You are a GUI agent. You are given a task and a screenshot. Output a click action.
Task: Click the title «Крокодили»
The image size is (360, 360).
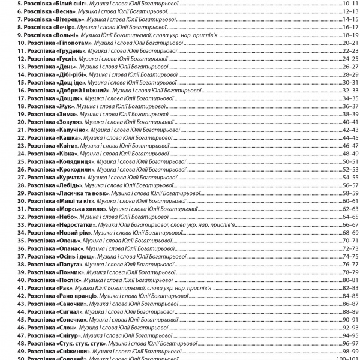click(x=76, y=169)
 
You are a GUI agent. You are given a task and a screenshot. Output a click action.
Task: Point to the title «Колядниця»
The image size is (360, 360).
click(x=76, y=161)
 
